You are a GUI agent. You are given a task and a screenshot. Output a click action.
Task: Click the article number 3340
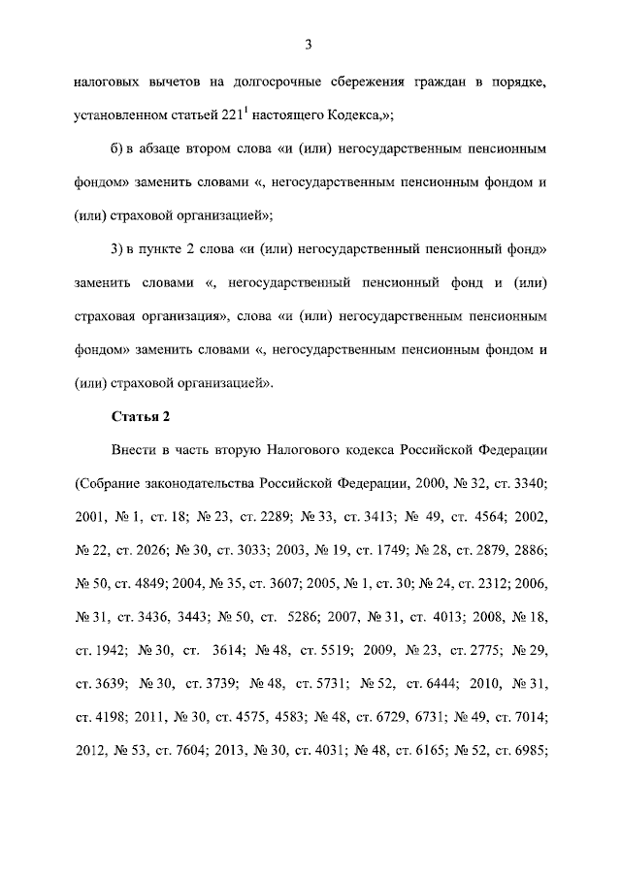528,484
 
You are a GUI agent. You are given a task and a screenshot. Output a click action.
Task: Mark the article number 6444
436,685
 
